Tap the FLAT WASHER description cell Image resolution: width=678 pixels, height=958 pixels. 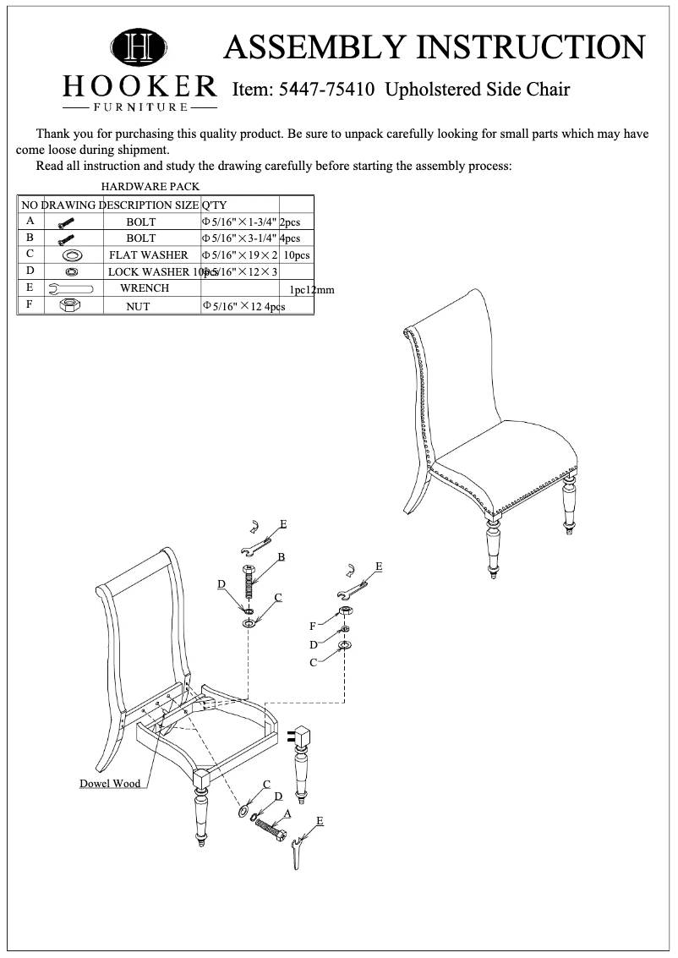tap(148, 255)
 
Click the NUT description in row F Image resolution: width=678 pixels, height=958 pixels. tap(138, 307)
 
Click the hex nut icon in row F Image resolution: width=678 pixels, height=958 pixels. tap(69, 306)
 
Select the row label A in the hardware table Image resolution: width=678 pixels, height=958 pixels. tap(30, 221)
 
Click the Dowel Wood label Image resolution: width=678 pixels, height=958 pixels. tap(110, 784)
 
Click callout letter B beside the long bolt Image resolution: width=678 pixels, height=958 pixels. tap(282, 556)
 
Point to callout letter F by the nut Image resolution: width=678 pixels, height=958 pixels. tap(313, 627)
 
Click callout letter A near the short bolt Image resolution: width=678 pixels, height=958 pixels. tap(287, 813)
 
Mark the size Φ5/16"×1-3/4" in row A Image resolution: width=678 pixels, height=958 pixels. tap(239, 222)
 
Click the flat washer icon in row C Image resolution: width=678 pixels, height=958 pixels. tap(71, 255)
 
